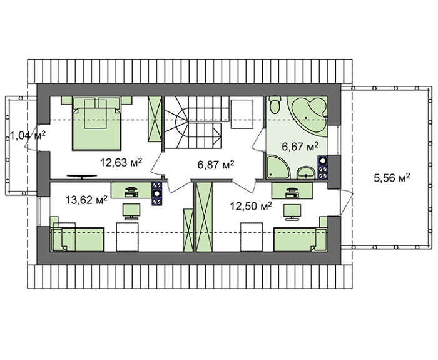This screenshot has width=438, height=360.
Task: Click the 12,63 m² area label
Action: coord(121,162)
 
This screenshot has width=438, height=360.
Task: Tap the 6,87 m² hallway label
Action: coord(216,165)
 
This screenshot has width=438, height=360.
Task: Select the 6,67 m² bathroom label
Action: coord(300,147)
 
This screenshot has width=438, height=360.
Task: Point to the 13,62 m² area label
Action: coord(86,200)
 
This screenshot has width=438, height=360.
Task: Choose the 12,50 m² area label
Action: coord(251,206)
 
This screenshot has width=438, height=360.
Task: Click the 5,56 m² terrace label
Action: coord(392,177)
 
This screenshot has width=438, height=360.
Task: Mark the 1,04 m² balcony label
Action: coord(28,136)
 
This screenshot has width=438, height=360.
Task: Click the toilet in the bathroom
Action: coord(275,105)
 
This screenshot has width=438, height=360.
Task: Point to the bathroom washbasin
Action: coord(306,173)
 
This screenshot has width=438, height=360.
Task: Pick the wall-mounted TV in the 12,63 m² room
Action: coord(82,177)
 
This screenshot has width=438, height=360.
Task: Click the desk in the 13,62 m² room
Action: coord(131,190)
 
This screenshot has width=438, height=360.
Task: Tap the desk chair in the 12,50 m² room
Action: coord(292,212)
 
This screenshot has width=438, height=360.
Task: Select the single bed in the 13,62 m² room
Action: coord(78,239)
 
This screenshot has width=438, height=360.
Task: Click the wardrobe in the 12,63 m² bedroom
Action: coord(155,119)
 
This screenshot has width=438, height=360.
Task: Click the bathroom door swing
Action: coord(258,141)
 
